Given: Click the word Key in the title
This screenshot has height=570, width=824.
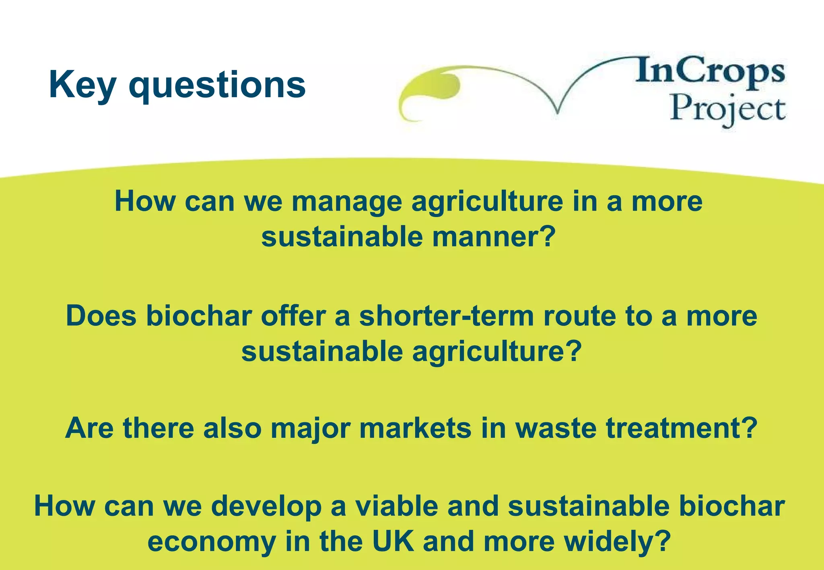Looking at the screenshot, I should click(82, 85).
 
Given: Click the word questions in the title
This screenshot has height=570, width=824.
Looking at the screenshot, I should click(217, 86).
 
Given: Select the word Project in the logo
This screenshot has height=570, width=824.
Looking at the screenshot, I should click(727, 109).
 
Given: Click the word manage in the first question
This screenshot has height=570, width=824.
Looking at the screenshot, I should click(346, 202).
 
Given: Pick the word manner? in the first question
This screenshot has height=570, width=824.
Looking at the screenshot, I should click(494, 237).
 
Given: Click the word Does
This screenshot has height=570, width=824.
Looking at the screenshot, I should click(101, 316).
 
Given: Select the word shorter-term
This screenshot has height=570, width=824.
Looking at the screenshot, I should click(447, 316).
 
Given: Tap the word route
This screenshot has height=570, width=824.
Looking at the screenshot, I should click(579, 316).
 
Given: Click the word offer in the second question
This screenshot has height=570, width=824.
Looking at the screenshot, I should click(293, 316).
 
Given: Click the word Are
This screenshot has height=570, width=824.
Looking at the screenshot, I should click(89, 428).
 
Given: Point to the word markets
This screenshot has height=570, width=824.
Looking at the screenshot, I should click(415, 428).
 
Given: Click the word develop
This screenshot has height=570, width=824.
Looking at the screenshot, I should click(266, 507).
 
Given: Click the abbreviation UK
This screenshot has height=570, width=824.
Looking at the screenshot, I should click(393, 541).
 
